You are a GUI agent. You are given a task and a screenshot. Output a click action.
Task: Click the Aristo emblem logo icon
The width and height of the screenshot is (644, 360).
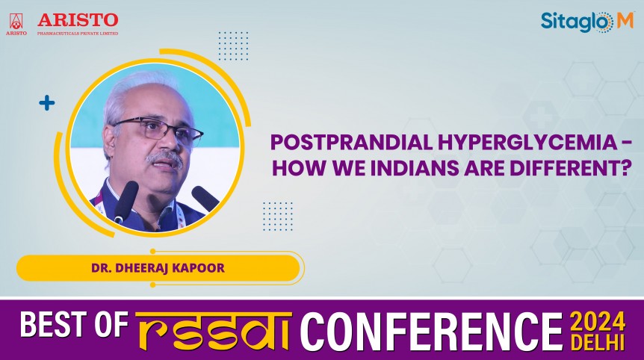click(16, 22)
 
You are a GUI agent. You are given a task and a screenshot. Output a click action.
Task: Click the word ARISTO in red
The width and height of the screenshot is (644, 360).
click(78, 19)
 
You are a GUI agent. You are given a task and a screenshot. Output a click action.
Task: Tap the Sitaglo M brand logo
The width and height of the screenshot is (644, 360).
click(586, 22)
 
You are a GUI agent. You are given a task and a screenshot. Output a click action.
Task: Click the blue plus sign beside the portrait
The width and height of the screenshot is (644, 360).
click(47, 103)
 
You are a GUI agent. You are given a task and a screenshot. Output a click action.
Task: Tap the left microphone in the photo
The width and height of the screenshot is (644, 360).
click(126, 201)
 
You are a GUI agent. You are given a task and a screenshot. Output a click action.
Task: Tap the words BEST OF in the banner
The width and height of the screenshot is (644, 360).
click(75, 328)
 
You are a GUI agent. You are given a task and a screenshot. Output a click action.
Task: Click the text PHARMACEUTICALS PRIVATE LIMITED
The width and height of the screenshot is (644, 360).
click(78, 32)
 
